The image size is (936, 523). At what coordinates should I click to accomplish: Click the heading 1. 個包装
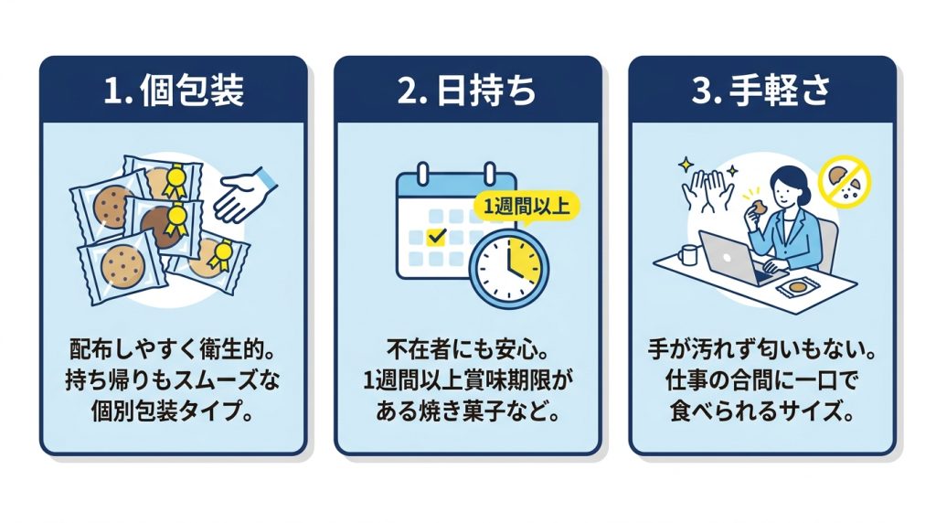(174, 91)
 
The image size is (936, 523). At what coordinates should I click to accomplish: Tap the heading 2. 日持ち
(467, 91)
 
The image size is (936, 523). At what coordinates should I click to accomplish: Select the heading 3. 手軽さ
(761, 91)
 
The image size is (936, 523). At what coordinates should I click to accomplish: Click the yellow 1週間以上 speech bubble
(526, 207)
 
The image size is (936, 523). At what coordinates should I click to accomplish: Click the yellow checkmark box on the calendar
(437, 237)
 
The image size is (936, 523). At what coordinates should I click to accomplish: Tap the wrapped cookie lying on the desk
(797, 287)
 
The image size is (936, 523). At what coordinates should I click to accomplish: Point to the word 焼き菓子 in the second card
(462, 411)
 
